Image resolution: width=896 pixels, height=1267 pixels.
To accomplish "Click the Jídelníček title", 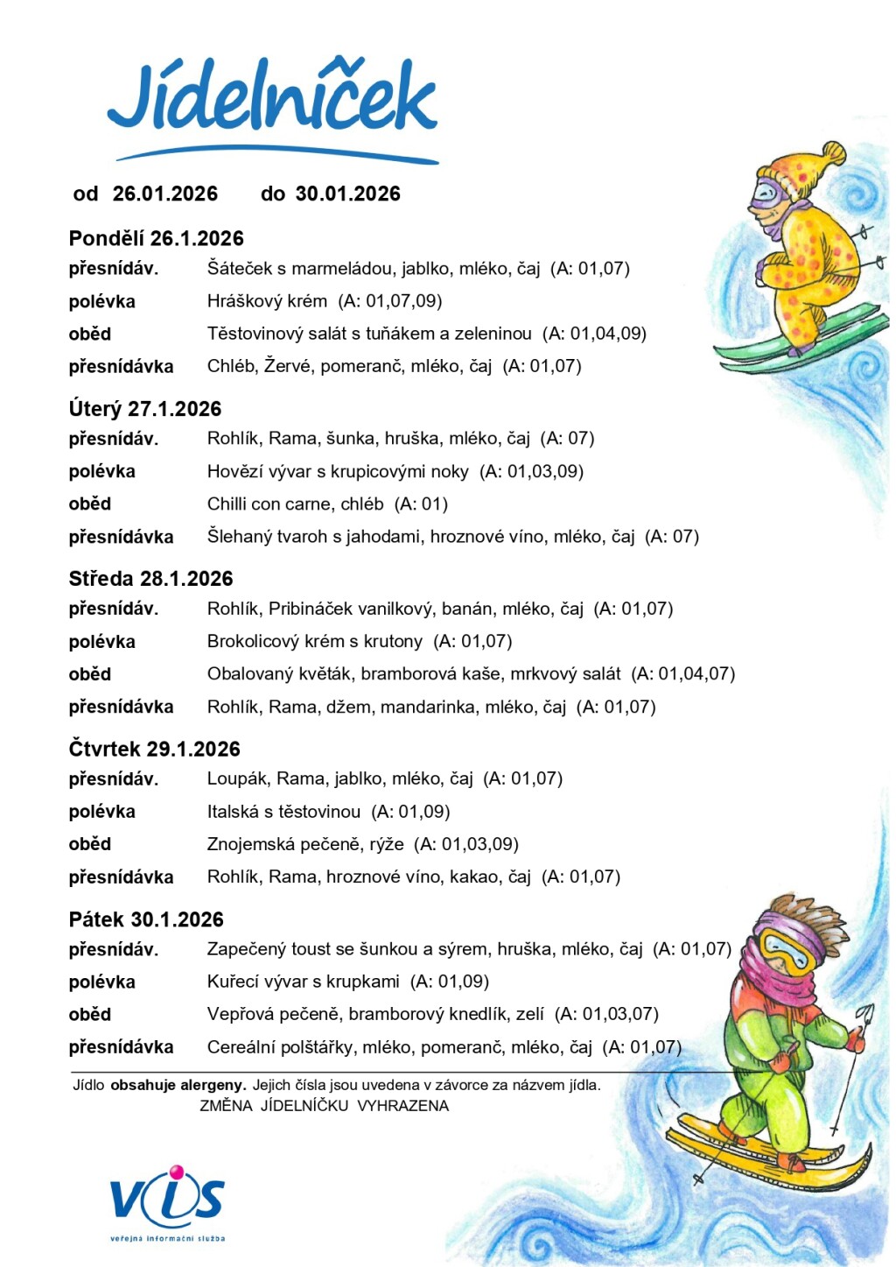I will click(272, 99).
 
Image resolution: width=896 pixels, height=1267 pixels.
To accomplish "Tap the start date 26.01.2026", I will click(165, 194).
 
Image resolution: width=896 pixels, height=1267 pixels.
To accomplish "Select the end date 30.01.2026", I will click(347, 194).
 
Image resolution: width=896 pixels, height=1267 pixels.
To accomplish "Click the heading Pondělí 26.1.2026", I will click(156, 238).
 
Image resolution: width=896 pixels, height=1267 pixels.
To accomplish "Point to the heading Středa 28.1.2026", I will click(150, 579).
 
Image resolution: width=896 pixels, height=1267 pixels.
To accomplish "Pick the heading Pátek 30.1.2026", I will click(146, 919).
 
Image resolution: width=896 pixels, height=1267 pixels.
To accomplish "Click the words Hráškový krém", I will click(267, 301).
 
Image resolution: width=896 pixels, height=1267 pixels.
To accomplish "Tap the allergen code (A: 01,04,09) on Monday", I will click(594, 334).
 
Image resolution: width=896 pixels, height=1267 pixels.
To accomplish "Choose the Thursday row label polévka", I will click(102, 812).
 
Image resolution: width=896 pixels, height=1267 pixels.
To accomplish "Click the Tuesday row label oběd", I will click(90, 504).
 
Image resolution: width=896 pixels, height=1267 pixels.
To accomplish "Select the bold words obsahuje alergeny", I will click(178, 1085).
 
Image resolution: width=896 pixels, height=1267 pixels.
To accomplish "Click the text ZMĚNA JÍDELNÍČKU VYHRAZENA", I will click(324, 1106).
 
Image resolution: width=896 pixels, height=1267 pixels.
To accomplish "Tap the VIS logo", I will click(167, 1199).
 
